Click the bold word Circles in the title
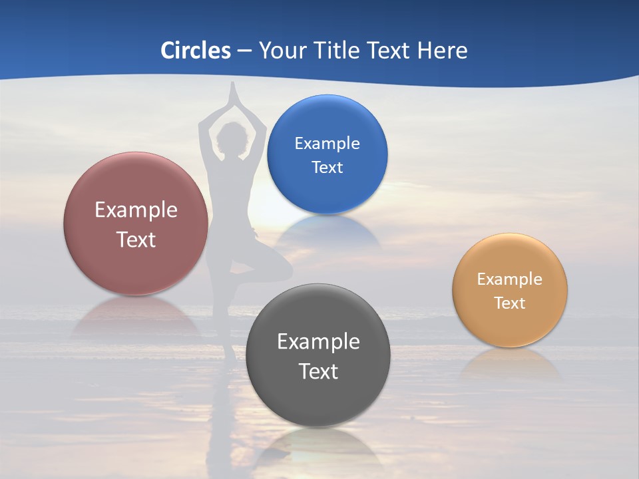click(x=196, y=51)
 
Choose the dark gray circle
click(x=318, y=399)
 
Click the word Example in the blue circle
click(x=327, y=143)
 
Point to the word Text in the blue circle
click(x=327, y=167)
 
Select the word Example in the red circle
click(x=136, y=210)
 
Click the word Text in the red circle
click(x=136, y=239)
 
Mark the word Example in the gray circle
click(x=318, y=341)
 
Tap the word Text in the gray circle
click(x=318, y=371)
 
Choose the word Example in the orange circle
click(x=510, y=279)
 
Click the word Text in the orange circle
click(x=510, y=303)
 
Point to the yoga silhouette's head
click(x=230, y=138)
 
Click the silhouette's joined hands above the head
click(x=232, y=93)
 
